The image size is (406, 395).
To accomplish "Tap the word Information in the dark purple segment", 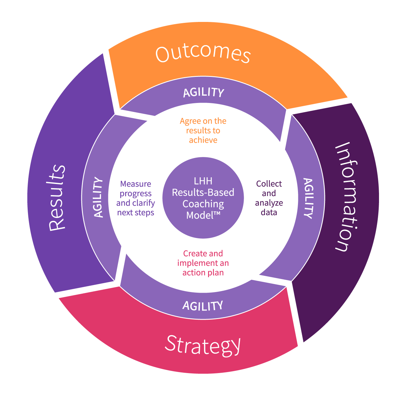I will pyautogui.click(x=347, y=197).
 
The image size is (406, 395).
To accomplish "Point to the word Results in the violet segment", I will pyautogui.click(x=58, y=197).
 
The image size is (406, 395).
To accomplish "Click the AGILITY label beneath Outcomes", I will pyautogui.click(x=204, y=92).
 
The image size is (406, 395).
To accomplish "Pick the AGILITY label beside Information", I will pyautogui.click(x=308, y=198).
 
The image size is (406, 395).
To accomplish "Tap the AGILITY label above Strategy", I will pyautogui.click(x=203, y=306).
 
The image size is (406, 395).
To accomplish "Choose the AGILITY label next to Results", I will pyautogui.click(x=99, y=197).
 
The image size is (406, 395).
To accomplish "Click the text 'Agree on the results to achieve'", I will pyautogui.click(x=203, y=130).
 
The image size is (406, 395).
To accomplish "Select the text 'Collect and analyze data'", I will pyautogui.click(x=269, y=198).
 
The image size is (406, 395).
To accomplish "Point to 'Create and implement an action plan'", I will pyautogui.click(x=203, y=263).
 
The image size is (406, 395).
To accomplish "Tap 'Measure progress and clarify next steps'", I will pyautogui.click(x=136, y=198).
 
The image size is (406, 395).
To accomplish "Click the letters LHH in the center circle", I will pyautogui.click(x=203, y=181).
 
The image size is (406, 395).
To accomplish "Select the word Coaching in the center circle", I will pyautogui.click(x=203, y=204).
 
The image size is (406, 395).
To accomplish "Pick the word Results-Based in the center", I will pyautogui.click(x=203, y=193).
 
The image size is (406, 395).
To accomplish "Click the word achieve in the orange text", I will pyautogui.click(x=203, y=140).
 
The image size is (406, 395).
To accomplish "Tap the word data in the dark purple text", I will pyautogui.click(x=269, y=212).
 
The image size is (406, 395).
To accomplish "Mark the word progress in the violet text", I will pyautogui.click(x=136, y=194).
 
